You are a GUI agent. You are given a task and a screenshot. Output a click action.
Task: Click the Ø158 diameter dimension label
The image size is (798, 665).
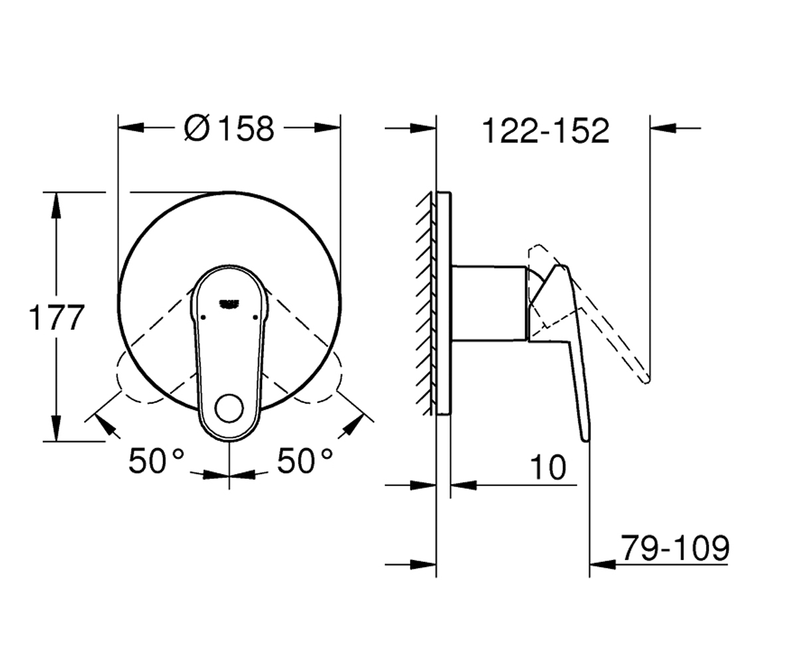tap(229, 128)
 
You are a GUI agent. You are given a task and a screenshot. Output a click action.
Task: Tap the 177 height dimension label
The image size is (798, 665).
tap(57, 317)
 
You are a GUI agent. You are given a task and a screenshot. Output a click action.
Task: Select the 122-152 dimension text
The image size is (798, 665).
tap(546, 131)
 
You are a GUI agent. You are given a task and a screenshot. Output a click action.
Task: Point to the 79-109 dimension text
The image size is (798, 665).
tap(675, 548)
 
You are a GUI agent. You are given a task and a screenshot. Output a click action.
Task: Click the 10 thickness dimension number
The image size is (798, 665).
tap(549, 467)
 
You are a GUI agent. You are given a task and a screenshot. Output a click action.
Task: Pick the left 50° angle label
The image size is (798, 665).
tap(156, 461)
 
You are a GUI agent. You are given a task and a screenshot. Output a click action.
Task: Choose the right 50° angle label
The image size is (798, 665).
tap(305, 461)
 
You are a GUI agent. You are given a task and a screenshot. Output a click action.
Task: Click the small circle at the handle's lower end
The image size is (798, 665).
tap(229, 408)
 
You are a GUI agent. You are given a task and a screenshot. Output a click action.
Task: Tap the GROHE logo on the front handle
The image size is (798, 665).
tap(229, 303)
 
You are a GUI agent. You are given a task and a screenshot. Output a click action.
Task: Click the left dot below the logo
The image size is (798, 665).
tap(203, 317)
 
